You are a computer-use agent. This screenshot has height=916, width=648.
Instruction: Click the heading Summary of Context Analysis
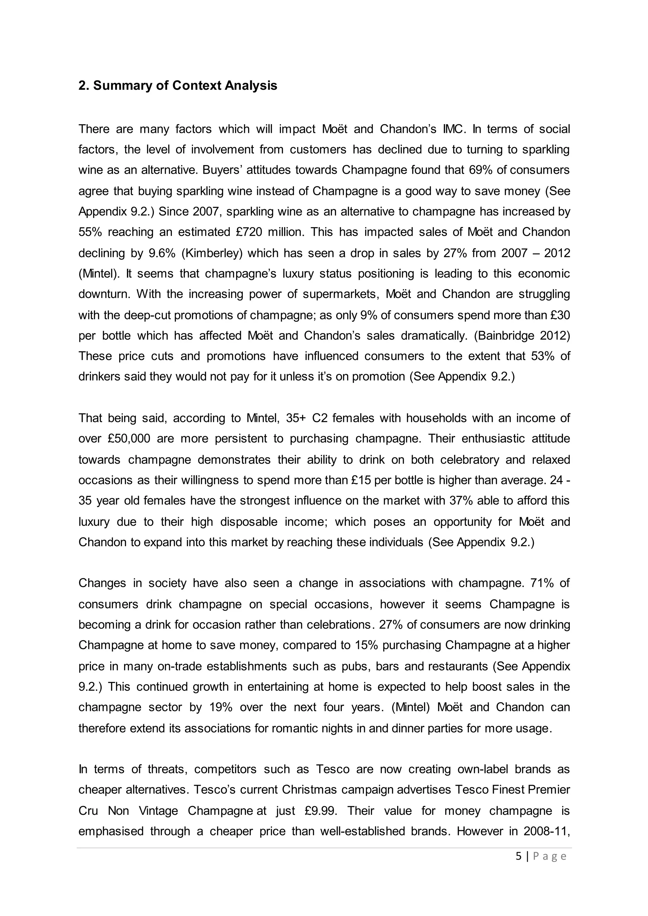click(x=178, y=85)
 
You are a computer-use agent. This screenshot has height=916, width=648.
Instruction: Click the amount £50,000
click(x=128, y=438)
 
